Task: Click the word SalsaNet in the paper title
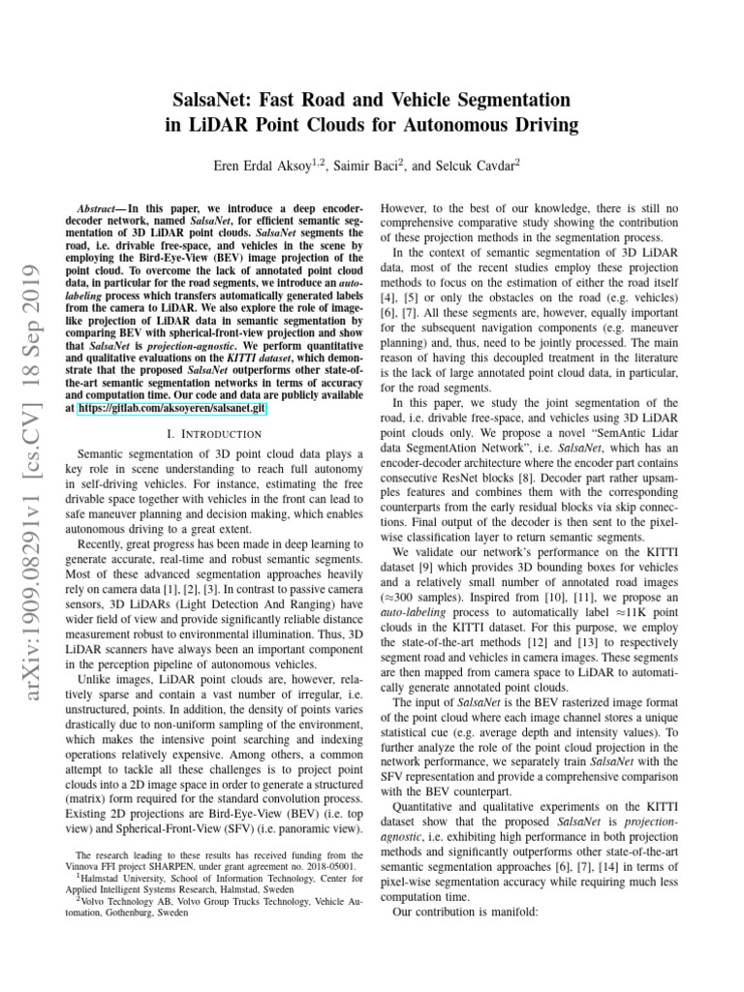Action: coord(210,101)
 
